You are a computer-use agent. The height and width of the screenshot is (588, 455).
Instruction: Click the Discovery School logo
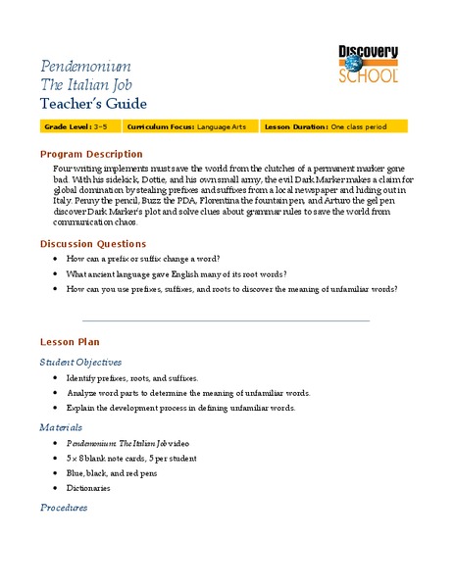[369, 65]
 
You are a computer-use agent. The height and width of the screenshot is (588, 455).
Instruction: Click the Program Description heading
[90, 154]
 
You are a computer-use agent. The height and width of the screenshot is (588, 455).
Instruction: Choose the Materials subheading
[62, 427]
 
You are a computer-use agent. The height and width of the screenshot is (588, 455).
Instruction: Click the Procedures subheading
[64, 508]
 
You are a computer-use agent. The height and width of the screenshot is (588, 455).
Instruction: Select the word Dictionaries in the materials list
[88, 487]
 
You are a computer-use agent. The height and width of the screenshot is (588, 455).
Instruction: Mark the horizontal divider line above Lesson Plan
[226, 319]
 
